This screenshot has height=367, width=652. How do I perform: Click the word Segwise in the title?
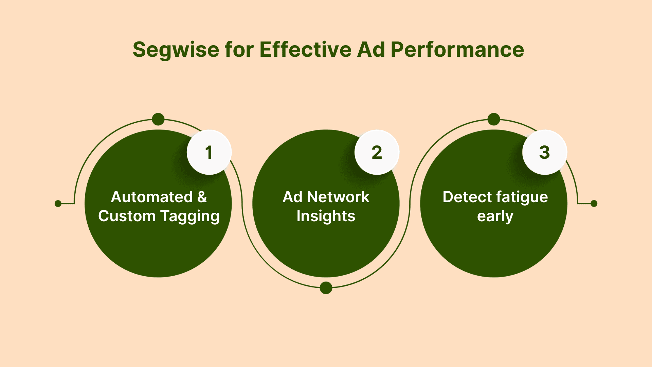[x=176, y=50]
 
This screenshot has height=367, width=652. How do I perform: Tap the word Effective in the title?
[x=305, y=50]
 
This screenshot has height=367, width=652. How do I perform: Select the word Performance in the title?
[x=457, y=50]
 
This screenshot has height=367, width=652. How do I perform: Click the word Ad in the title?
[x=371, y=50]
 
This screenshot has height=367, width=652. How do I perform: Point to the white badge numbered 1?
[x=209, y=152]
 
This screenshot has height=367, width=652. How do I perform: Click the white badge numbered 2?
[x=377, y=152]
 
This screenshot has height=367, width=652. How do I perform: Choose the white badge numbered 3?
[x=544, y=152]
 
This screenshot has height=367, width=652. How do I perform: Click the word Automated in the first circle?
[x=152, y=197]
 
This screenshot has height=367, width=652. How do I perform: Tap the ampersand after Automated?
[x=202, y=197]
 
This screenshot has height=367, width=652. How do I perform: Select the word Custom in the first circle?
[x=126, y=216]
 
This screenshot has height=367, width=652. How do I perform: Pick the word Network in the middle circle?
[x=338, y=197]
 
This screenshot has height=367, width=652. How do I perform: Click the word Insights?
[x=326, y=216]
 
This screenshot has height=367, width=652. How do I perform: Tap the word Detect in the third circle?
[x=467, y=197]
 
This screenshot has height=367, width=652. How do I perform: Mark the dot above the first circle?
[x=158, y=119]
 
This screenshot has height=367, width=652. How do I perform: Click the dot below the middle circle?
[x=326, y=288]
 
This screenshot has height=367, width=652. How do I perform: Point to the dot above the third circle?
[x=494, y=119]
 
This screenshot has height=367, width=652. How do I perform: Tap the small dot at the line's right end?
[x=594, y=204]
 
